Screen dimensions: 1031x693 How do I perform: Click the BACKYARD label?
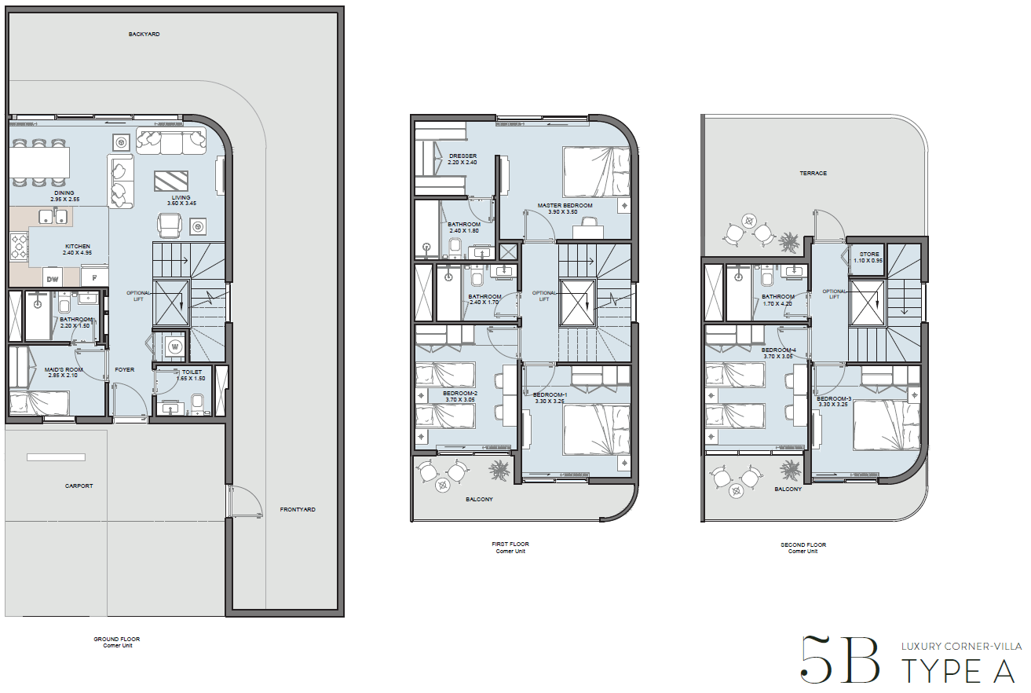click(x=144, y=34)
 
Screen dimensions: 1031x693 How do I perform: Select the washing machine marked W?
click(x=174, y=346)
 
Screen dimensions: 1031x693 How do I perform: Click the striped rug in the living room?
click(x=171, y=181)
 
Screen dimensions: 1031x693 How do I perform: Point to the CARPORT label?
click(x=79, y=486)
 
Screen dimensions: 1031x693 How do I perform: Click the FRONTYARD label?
click(x=298, y=509)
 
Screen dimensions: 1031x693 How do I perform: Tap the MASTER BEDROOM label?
click(x=565, y=205)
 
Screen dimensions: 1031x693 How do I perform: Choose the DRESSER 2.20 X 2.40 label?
click(x=463, y=159)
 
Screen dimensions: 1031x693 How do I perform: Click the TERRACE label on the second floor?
click(x=813, y=173)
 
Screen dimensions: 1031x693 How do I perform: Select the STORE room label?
click(x=869, y=254)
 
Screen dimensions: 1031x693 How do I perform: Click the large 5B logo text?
click(x=839, y=659)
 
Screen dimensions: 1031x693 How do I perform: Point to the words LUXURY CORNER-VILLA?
click(x=961, y=647)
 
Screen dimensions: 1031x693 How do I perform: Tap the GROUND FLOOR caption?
click(x=116, y=639)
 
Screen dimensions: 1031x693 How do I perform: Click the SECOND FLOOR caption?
click(x=803, y=544)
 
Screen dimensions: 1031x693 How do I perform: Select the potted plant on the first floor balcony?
click(x=499, y=470)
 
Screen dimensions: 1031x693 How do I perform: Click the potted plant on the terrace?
click(x=789, y=242)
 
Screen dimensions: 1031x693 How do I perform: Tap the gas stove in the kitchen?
click(x=20, y=247)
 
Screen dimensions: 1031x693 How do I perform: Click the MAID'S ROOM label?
click(x=64, y=370)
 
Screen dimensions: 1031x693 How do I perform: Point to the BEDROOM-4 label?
click(x=778, y=350)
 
